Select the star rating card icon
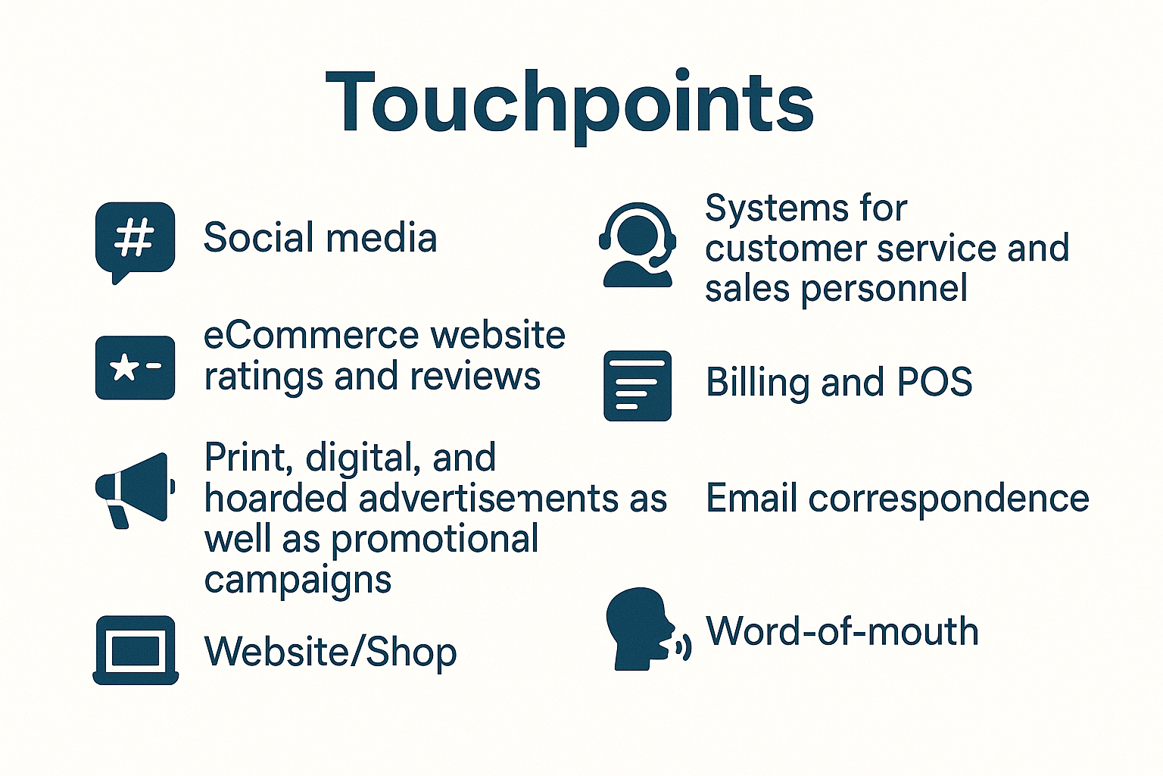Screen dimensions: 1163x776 (135, 368)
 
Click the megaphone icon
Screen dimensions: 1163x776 (135, 490)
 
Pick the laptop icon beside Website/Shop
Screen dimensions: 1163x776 (136, 650)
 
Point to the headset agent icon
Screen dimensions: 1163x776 (638, 244)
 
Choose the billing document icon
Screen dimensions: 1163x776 (638, 386)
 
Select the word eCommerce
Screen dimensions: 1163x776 (311, 335)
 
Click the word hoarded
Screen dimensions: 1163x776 (275, 497)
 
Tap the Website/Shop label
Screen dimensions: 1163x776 (330, 651)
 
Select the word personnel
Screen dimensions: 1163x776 (884, 289)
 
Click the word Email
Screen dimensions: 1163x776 (751, 497)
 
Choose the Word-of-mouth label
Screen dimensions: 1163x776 (842, 630)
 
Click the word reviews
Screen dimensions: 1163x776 (475, 377)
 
